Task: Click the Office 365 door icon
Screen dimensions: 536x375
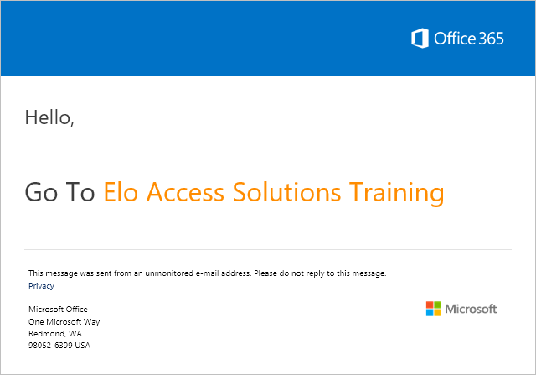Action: pyautogui.click(x=420, y=38)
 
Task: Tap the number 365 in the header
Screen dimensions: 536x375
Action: pyautogui.click(x=491, y=39)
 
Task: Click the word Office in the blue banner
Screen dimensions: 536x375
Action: pyautogui.click(x=455, y=38)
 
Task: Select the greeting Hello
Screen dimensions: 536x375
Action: pyautogui.click(x=49, y=117)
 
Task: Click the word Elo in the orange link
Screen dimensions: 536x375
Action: pyautogui.click(x=121, y=192)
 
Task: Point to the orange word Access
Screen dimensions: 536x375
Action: pyautogui.click(x=185, y=192)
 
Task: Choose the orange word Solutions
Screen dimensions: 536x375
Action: pyautogui.click(x=286, y=192)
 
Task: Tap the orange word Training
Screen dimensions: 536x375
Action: pyautogui.click(x=396, y=194)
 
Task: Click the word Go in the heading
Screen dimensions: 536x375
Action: pyautogui.click(x=41, y=192)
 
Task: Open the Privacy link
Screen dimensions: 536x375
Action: pyautogui.click(x=41, y=286)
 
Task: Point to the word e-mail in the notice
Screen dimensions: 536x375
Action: pyautogui.click(x=207, y=273)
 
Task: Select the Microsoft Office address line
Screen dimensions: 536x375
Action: pyautogui.click(x=58, y=310)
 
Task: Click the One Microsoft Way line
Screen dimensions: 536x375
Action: pyautogui.click(x=64, y=322)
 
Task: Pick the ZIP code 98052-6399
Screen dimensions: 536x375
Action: pyautogui.click(x=50, y=345)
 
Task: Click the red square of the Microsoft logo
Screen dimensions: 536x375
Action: pyautogui.click(x=430, y=305)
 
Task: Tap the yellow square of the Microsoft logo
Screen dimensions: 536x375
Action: pyautogui.click(x=437, y=313)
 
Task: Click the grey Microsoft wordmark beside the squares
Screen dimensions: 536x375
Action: pyautogui.click(x=471, y=309)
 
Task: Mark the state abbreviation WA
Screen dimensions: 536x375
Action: pyautogui.click(x=75, y=334)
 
